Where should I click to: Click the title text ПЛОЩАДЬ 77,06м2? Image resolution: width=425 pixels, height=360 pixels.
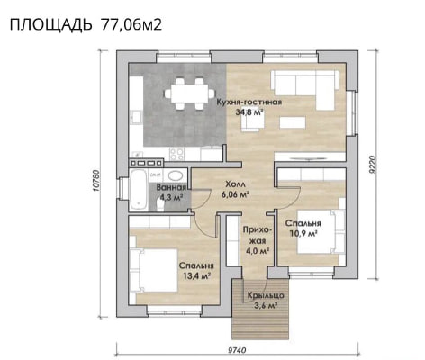pyautogui.click(x=86, y=24)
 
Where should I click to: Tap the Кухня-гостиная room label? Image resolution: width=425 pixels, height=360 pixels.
pyautogui.click(x=249, y=102)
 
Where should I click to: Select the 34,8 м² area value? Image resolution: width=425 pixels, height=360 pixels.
pyautogui.click(x=249, y=112)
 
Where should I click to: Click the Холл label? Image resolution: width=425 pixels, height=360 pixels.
pyautogui.click(x=235, y=184)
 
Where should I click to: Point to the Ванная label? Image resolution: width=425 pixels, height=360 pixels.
pyautogui.click(x=171, y=187)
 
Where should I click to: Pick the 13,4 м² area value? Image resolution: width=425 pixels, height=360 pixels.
pyautogui.click(x=197, y=275)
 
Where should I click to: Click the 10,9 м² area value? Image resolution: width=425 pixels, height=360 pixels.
pyautogui.click(x=303, y=233)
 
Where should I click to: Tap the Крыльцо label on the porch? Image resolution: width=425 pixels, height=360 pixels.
pyautogui.click(x=266, y=295)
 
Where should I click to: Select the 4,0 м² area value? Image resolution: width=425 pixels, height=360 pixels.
pyautogui.click(x=258, y=251)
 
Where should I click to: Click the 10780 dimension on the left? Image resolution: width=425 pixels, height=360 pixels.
pyautogui.click(x=95, y=181)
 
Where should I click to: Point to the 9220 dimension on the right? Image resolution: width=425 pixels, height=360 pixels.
pyautogui.click(x=373, y=165)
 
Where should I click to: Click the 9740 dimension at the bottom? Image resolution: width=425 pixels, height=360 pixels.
pyautogui.click(x=237, y=350)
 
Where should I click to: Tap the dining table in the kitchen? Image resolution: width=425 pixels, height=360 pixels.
pyautogui.click(x=190, y=94)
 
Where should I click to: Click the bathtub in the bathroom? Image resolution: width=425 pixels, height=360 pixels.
pyautogui.click(x=139, y=189)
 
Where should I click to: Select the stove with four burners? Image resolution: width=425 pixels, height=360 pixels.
pyautogui.click(x=176, y=154)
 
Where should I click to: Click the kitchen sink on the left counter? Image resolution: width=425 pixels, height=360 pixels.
pyautogui.click(x=137, y=117)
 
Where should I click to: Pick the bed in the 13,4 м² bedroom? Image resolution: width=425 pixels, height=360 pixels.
pyautogui.click(x=154, y=270)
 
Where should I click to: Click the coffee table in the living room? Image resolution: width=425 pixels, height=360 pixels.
pyautogui.click(x=293, y=122)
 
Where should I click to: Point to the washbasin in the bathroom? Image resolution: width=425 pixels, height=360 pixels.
pyautogui.click(x=176, y=175)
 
